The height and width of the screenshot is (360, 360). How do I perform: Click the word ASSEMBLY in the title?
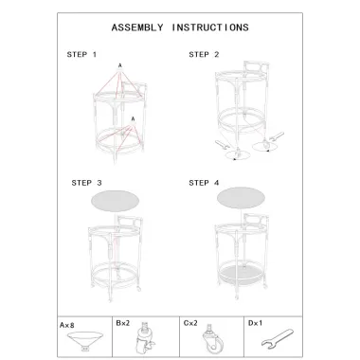click(137, 27)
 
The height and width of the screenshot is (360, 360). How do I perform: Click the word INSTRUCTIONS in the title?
click(210, 27)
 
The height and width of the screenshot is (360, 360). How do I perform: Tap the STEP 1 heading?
click(81, 55)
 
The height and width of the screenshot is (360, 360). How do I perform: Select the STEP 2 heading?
click(204, 55)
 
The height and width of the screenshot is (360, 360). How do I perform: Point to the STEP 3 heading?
click(86, 183)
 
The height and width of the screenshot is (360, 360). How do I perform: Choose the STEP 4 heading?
click(204, 183)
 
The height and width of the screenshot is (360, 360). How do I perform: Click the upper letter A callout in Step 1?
click(120, 65)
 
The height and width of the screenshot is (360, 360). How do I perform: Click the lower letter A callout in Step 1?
click(133, 119)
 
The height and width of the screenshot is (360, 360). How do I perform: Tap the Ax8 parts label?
click(67, 325)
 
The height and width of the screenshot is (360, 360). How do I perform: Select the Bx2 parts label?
click(123, 323)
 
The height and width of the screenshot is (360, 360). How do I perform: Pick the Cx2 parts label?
click(190, 323)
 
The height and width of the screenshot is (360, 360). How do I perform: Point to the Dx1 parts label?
click(255, 323)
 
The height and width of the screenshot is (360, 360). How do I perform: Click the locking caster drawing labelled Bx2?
click(144, 338)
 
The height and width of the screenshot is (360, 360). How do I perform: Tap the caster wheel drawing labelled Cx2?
click(213, 340)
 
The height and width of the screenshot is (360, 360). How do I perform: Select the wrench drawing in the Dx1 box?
click(278, 338)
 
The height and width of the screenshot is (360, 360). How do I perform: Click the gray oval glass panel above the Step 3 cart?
click(116, 201)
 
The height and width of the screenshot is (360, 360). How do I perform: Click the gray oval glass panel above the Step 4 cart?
click(241, 198)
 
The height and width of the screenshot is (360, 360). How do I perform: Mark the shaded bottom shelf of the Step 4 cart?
click(242, 272)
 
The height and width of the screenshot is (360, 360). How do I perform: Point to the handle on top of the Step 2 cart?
click(256, 67)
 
